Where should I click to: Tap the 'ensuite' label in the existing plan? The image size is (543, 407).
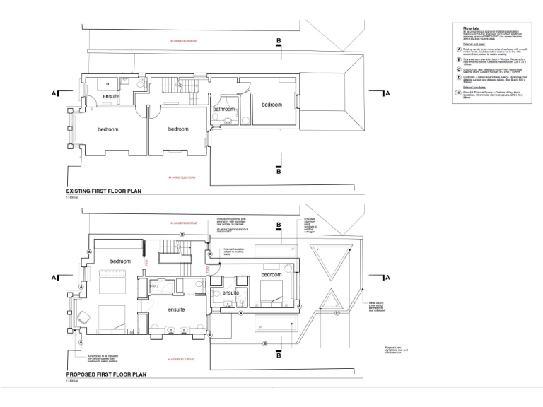point(111,95)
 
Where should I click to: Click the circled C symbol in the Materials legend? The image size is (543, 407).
point(458,70)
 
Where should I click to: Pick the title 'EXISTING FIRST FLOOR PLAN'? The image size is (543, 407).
point(104,191)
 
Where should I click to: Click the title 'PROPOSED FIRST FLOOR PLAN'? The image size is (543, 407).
point(105,375)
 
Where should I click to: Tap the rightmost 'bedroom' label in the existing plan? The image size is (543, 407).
point(271,105)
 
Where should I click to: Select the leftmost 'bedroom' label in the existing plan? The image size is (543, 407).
point(108,129)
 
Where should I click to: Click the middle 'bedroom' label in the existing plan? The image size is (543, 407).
point(177,129)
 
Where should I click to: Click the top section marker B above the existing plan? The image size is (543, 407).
point(279,42)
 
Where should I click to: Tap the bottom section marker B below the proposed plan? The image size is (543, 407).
point(279,355)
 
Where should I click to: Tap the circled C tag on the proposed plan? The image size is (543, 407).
point(337,313)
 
